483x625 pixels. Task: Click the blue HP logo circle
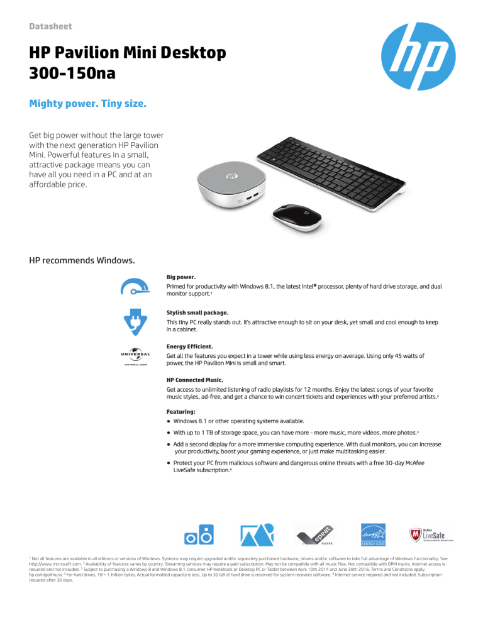(x=413, y=60)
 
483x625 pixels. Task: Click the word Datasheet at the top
(x=51, y=26)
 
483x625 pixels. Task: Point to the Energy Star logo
(x=372, y=534)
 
